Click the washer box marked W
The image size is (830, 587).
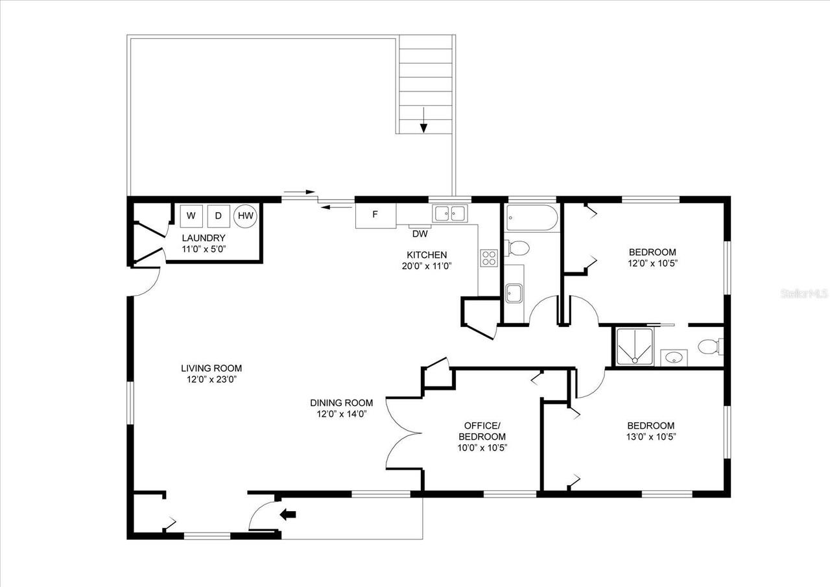pos(191,215)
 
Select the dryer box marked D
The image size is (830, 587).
pos(219,215)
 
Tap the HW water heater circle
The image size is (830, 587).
pos(246,215)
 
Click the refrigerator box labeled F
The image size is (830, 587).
pos(375,215)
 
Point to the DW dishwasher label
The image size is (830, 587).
pos(420,234)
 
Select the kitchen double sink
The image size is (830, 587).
pos(450,213)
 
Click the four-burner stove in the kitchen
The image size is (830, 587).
pos(488,258)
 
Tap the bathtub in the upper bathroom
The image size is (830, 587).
pos(530,218)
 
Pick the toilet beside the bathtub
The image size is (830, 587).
pos(519,248)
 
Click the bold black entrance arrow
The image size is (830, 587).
pos(287,514)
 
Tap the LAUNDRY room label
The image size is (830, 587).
pos(204,238)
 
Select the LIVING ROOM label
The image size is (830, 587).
pos(211,368)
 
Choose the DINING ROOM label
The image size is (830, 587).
pos(341,403)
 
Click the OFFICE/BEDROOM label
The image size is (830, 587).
pos(482,431)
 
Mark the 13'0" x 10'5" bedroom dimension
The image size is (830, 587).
pos(650,437)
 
